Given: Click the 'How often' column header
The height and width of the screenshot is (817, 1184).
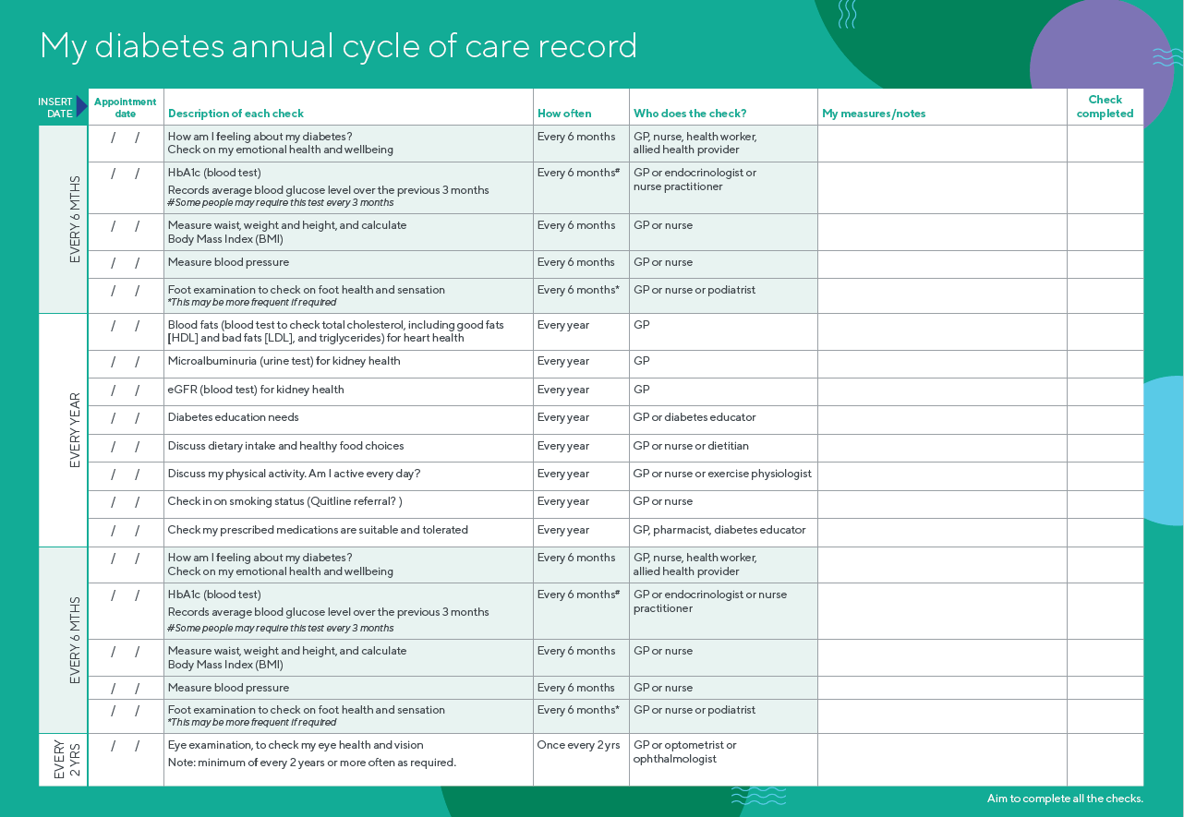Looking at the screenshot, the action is pos(564,114).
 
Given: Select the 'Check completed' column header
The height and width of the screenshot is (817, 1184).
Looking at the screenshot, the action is pos(1105,106).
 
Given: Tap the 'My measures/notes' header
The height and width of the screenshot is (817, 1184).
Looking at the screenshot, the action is pos(874,114).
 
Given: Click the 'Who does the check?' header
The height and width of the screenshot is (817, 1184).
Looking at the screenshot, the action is pos(690,114).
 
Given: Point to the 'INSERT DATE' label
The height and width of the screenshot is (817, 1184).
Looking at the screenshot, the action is pos(55,107).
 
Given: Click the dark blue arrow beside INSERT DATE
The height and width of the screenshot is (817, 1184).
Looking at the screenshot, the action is pos(81,106).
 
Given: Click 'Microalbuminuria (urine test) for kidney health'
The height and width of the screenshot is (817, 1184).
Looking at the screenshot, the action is pos(284,361).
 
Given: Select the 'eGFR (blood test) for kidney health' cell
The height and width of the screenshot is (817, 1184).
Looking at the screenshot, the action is pos(256,390).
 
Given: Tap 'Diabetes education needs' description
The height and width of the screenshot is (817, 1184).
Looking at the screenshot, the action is pos(233,417).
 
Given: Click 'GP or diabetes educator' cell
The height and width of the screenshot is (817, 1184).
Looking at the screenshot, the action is pos(695,417).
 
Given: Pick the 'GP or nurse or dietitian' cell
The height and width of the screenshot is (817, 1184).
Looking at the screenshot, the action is pos(691,446).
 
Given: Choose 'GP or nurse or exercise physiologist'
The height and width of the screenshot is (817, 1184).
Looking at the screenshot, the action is pos(722,474).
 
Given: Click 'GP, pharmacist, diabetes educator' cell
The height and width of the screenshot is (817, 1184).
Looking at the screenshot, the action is pos(719,530).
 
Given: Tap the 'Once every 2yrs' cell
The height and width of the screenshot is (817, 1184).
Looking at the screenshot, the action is pos(578,745).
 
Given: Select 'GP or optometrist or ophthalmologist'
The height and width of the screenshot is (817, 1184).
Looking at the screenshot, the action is pos(685,751).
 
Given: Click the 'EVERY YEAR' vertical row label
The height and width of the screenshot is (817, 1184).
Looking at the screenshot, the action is pos(75,430).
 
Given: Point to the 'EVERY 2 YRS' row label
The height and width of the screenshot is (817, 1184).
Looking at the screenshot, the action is pos(67,760).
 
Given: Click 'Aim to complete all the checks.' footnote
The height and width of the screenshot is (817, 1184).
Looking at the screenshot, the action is pos(1065,798).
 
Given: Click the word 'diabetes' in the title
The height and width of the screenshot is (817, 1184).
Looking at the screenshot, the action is pos(159,45).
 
